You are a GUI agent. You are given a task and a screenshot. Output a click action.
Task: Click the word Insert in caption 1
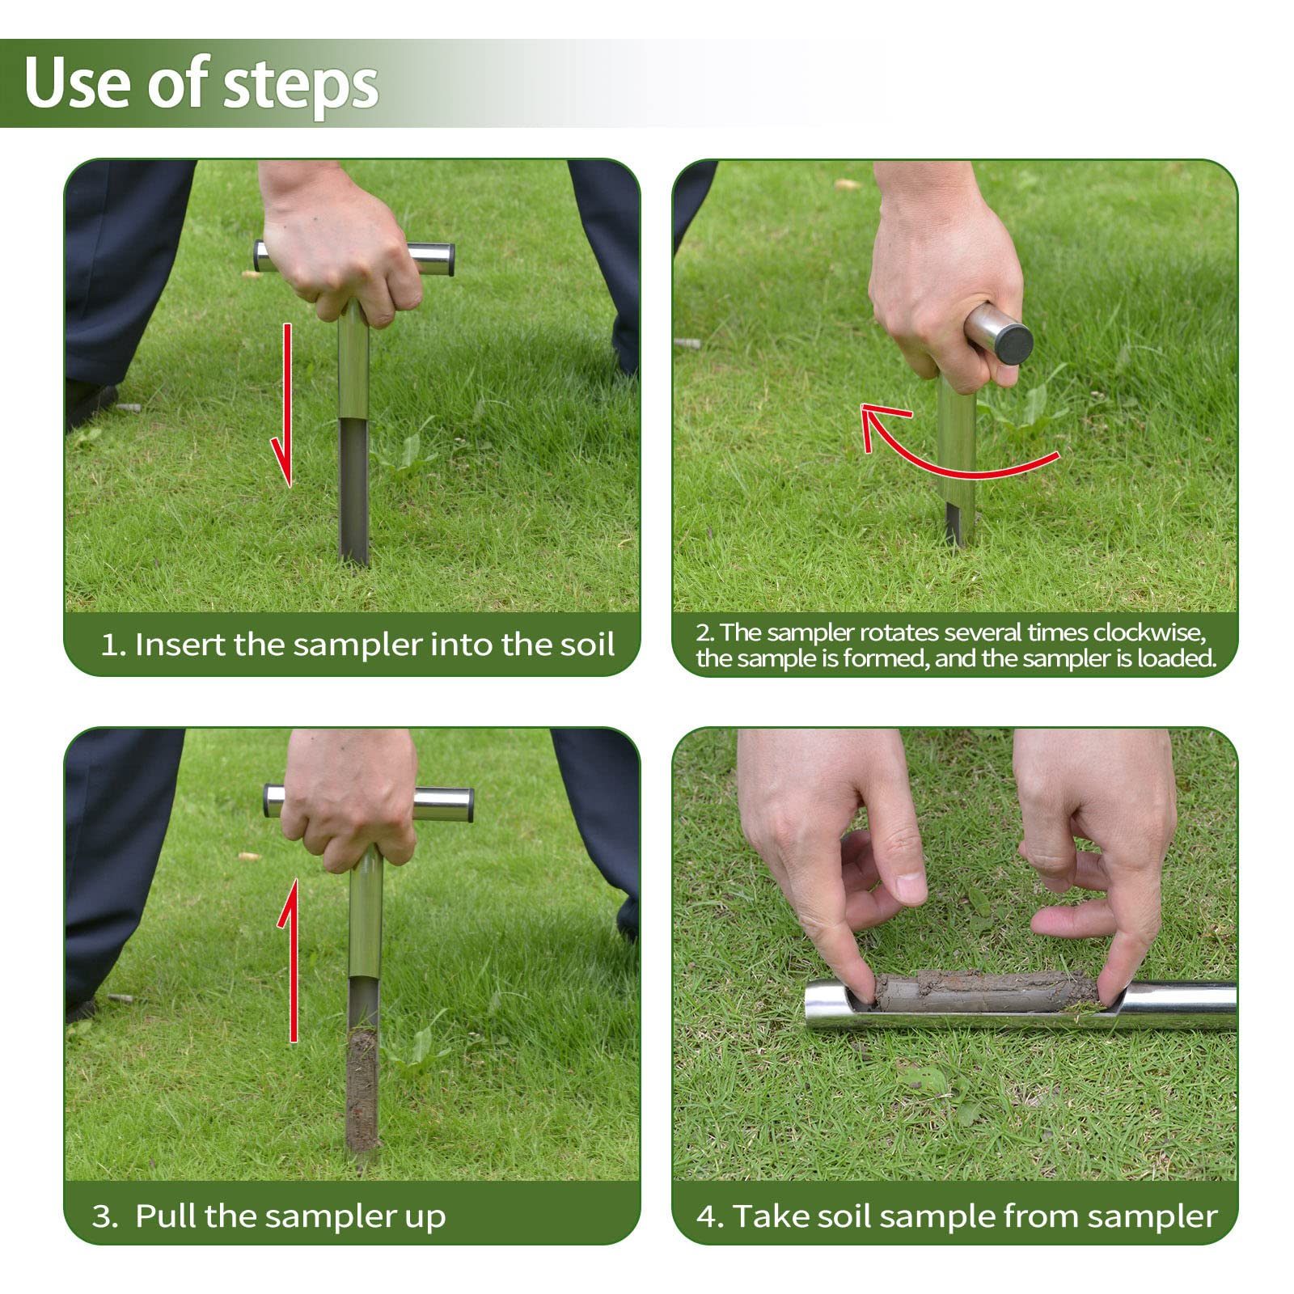[180, 645]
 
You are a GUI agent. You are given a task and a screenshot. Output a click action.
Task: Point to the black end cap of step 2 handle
[1013, 343]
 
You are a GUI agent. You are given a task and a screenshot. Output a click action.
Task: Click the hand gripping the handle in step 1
[340, 251]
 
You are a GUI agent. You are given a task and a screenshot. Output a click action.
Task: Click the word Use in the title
[77, 83]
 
